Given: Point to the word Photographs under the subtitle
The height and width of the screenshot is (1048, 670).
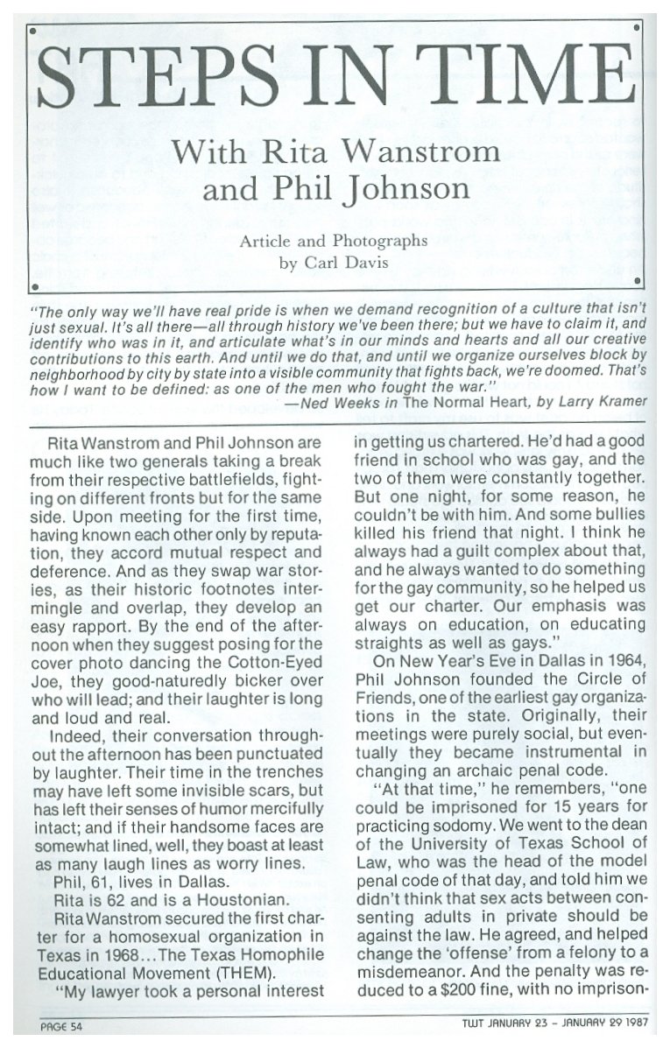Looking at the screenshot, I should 376,240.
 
